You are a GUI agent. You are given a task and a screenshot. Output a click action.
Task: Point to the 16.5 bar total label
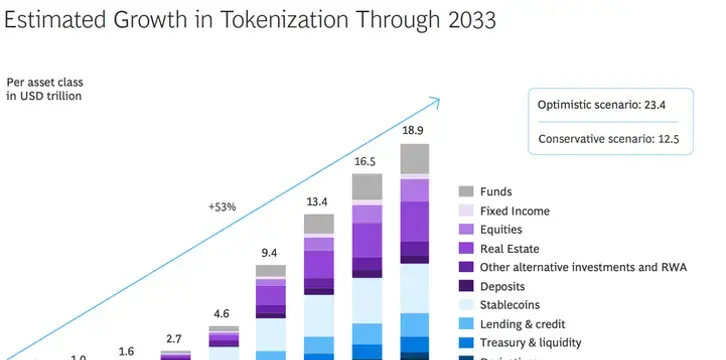[366, 161]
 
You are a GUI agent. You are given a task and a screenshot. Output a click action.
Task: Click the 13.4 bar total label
[318, 201]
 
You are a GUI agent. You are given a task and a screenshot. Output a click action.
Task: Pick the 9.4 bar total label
[270, 252]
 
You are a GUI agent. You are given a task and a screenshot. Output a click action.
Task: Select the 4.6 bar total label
[223, 313]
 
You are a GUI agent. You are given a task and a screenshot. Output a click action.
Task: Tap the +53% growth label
[222, 207]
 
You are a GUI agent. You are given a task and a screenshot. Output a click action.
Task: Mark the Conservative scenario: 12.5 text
[609, 139]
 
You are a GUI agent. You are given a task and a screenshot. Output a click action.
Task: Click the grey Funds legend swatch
[466, 192]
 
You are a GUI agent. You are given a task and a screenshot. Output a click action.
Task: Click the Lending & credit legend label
[522, 324]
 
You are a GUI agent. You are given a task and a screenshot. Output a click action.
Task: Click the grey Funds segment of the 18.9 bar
[415, 159]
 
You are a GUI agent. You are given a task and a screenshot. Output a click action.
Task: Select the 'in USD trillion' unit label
[44, 97]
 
